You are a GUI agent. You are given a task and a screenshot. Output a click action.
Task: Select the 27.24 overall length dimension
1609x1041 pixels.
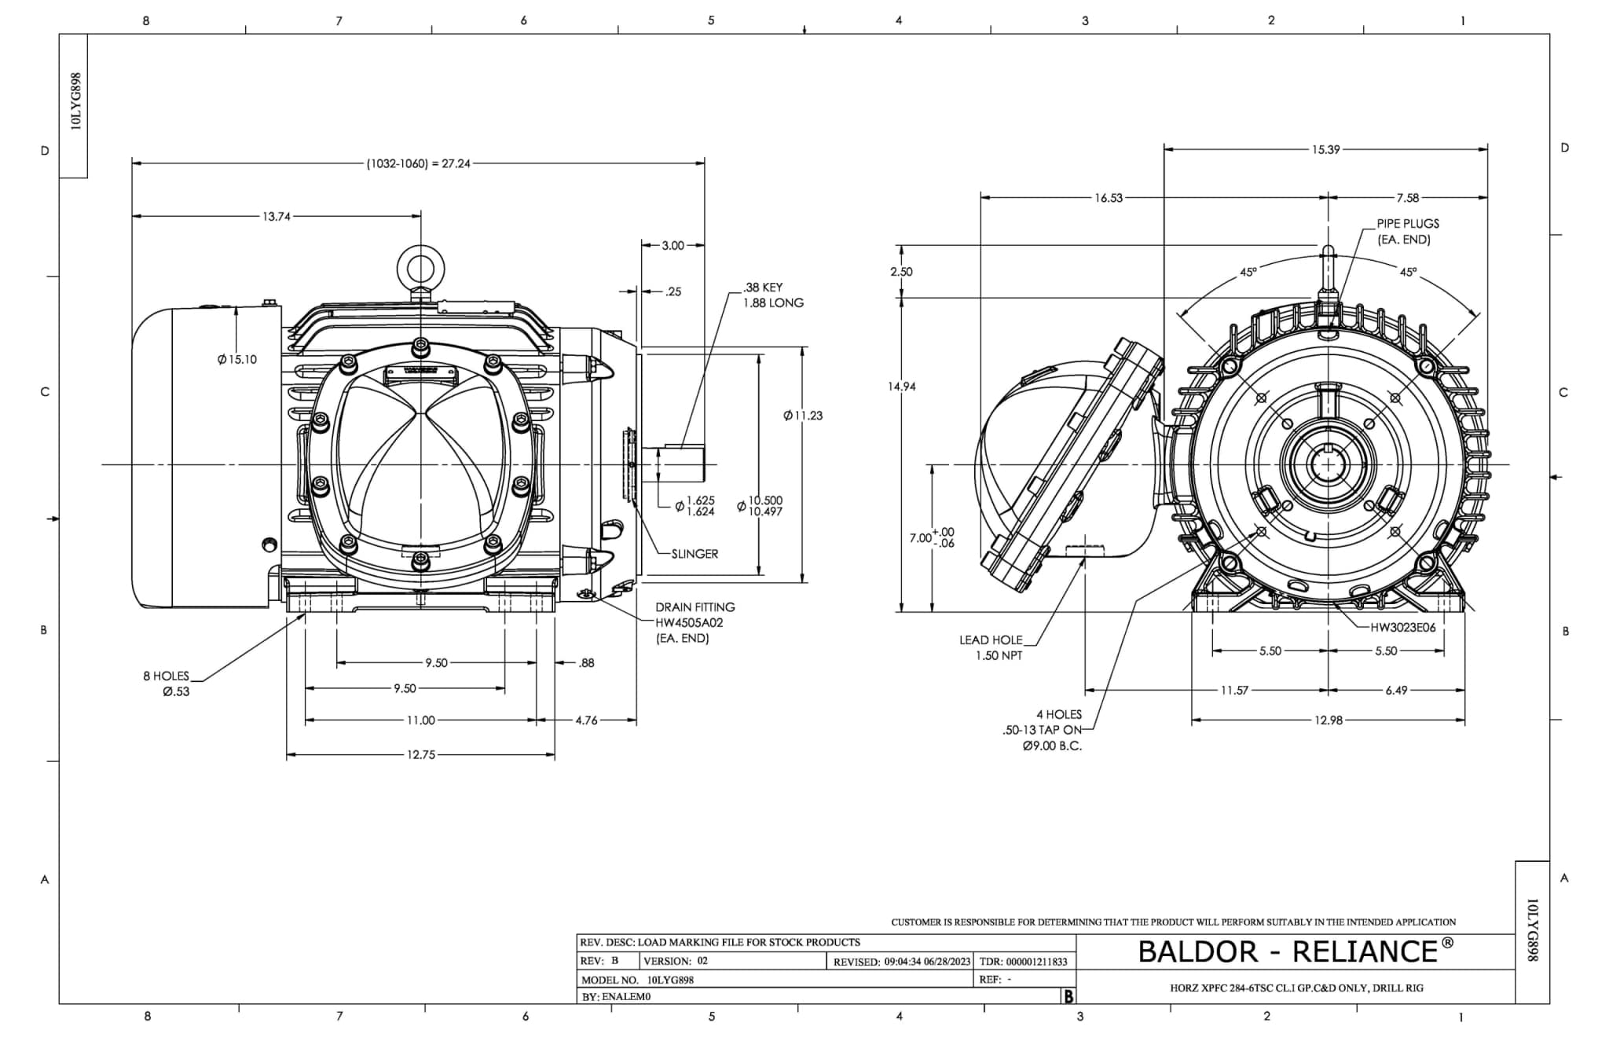pos(418,163)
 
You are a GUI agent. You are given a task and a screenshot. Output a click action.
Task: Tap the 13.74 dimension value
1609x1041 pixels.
pos(276,217)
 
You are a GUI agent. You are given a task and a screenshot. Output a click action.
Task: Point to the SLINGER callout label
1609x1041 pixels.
pos(695,554)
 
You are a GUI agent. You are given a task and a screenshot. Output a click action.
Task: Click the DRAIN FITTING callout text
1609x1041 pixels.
pos(695,607)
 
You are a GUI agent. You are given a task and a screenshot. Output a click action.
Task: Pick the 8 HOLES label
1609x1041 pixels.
pos(167,676)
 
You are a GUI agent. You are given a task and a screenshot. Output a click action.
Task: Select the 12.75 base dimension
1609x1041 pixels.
pos(420,755)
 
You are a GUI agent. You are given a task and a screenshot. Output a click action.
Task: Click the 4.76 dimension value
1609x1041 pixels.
pos(586,720)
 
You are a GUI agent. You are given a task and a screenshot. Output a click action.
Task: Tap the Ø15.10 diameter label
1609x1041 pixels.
pos(236,360)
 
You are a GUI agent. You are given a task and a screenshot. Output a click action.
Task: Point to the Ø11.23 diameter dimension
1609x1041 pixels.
pos(803,416)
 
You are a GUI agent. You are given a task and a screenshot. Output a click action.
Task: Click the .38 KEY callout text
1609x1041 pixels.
pos(763,288)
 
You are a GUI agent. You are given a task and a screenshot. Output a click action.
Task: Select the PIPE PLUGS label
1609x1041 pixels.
pos(1408,224)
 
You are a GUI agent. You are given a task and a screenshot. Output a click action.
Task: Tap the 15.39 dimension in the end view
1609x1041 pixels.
pos(1325,149)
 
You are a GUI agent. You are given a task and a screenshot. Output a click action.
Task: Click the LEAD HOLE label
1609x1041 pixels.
pos(991,640)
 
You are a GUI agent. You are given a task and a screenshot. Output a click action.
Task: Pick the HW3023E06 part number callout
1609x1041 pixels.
pos(1403,628)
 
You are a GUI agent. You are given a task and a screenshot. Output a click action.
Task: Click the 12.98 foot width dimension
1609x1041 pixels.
pos(1328,720)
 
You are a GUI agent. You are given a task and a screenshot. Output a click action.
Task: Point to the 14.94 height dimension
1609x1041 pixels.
pos(902,387)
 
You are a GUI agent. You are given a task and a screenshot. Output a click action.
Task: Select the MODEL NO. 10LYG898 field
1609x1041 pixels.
pos(637,980)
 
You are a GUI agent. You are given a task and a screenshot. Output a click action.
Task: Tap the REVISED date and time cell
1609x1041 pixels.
pos(902,962)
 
